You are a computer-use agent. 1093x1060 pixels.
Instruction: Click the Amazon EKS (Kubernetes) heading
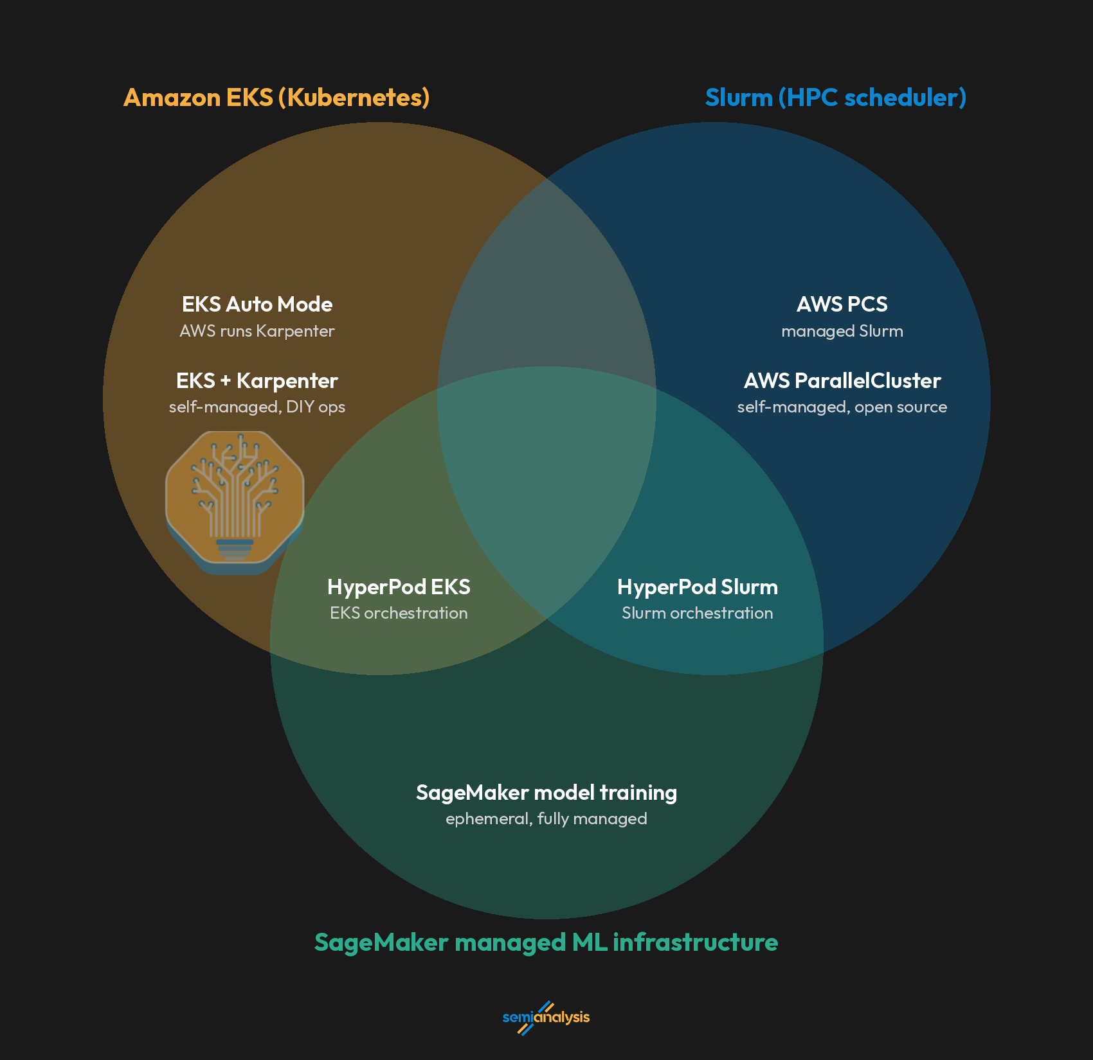click(276, 98)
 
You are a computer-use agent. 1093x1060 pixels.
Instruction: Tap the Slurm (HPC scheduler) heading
click(836, 98)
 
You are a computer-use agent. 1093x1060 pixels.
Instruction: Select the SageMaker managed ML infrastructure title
click(546, 942)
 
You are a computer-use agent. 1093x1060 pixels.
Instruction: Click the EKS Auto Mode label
click(257, 304)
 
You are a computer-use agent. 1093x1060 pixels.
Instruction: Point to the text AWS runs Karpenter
click(257, 331)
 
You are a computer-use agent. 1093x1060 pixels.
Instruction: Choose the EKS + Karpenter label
click(257, 380)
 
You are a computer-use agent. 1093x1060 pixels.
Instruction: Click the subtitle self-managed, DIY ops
click(257, 407)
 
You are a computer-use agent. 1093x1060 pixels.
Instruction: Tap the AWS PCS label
click(842, 304)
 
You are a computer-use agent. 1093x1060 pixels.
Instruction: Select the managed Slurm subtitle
click(842, 331)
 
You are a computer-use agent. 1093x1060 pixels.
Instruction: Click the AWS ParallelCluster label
click(842, 380)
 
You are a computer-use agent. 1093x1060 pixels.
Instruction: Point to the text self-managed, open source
click(842, 407)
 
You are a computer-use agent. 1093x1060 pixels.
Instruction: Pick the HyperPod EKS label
click(399, 587)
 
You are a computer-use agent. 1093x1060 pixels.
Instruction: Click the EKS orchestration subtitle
click(399, 613)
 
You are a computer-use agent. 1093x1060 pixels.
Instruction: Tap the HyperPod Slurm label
click(698, 587)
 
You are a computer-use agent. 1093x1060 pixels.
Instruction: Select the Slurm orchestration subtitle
click(698, 613)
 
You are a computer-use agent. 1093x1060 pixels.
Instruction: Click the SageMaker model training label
click(546, 793)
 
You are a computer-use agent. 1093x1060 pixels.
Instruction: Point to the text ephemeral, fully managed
click(546, 819)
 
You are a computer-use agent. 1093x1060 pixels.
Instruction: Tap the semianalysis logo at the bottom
click(546, 1018)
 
